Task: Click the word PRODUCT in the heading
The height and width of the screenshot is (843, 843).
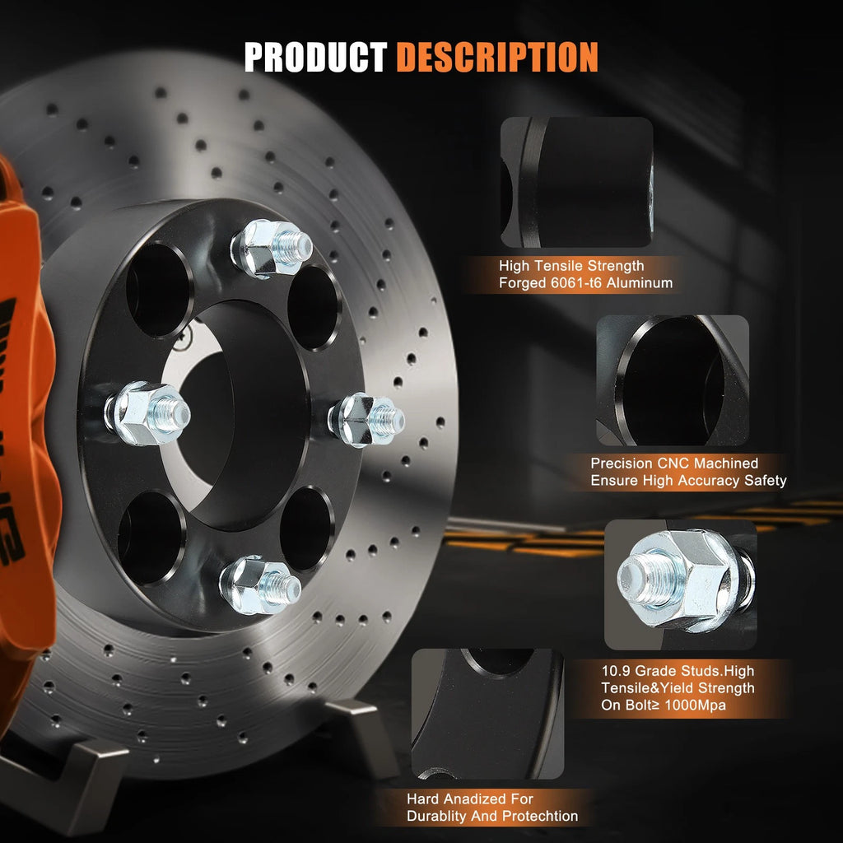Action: click(315, 57)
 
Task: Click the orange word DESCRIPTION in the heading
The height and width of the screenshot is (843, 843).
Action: click(497, 57)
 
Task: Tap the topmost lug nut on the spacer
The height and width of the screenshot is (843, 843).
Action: click(271, 249)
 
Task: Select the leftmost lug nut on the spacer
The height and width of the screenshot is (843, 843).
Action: click(147, 413)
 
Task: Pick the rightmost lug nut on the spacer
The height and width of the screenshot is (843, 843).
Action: click(366, 420)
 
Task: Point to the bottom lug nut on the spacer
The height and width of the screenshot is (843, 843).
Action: click(259, 585)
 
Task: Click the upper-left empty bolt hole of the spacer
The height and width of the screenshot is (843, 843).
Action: click(158, 291)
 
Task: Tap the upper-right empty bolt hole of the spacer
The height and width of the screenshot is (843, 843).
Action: click(313, 308)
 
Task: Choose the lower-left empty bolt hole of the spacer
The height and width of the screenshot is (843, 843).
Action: click(151, 538)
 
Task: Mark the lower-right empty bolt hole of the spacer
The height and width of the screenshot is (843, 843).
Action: click(305, 529)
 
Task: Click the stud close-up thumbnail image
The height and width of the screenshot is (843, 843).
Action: click(681, 585)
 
